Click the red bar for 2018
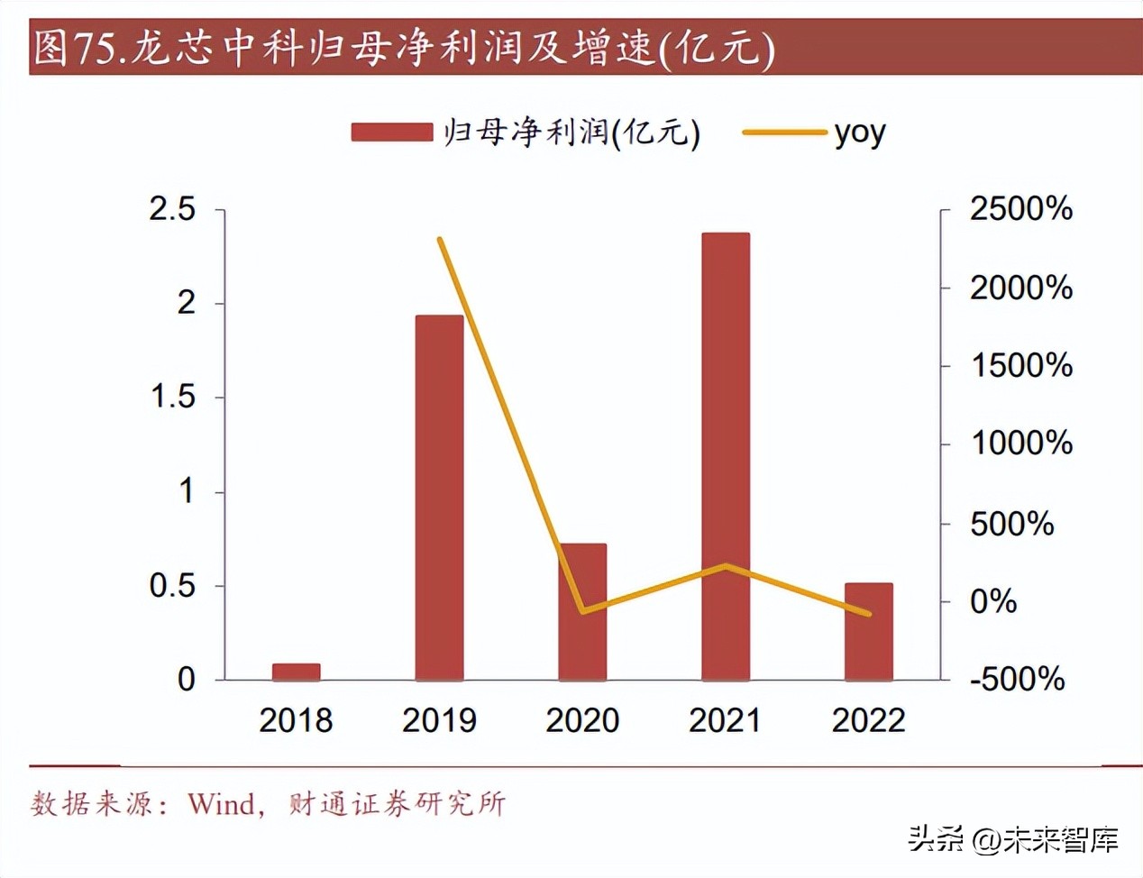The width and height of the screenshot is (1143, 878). pos(296,672)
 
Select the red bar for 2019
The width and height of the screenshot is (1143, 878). pos(439,497)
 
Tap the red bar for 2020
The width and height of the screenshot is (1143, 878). pos(582,611)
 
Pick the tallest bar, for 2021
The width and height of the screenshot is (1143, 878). pos(726,455)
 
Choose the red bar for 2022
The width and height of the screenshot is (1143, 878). pos(868,631)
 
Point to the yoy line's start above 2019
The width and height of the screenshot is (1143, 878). pos(439,240)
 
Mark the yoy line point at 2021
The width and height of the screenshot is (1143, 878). pos(726,566)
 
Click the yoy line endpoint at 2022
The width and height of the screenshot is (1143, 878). pos(869,614)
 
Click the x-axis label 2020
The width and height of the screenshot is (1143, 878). pos(582,720)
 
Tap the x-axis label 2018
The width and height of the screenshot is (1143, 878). pos(296,720)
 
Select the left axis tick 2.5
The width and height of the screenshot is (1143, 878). pos(172,209)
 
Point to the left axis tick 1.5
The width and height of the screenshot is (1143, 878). pos(172,397)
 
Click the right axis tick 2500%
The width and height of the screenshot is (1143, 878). pos(1020,209)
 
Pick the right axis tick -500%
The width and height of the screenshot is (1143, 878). pos(1017,679)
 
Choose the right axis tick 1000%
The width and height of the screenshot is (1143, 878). pos(1020,444)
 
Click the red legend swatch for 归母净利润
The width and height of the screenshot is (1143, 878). pos(392,133)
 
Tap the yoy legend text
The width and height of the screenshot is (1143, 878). pos(859,133)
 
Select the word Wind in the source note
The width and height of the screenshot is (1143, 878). pos(221,803)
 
